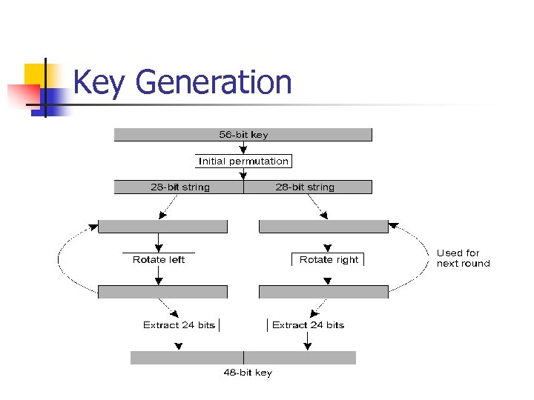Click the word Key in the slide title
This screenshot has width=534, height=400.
coord(99,82)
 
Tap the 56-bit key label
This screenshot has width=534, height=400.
coord(243,135)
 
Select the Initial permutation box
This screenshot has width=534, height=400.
coord(243,161)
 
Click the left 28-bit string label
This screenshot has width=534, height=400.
coord(179,187)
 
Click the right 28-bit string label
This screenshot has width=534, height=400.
coord(305,187)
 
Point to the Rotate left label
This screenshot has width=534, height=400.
coord(158,259)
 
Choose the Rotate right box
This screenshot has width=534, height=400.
coord(329,259)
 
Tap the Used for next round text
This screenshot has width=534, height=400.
coord(463,258)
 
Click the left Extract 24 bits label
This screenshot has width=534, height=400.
coord(179,325)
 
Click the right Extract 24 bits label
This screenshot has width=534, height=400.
coord(308,325)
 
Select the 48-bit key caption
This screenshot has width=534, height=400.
coord(248,373)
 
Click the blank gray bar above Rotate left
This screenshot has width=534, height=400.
coord(162,227)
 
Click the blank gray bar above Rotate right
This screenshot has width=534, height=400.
coord(323,227)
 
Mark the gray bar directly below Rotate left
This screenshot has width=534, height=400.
coord(162,292)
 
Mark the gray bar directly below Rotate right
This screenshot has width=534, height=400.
coord(323,292)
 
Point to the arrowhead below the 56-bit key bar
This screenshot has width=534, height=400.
coord(243,150)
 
